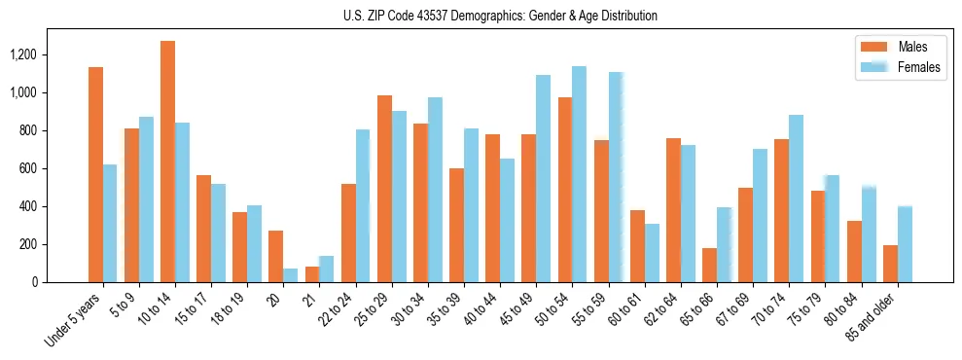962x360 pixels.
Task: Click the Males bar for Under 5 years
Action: [95, 175]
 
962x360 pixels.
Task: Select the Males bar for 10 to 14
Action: [167, 162]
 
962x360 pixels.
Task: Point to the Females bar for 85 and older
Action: [904, 244]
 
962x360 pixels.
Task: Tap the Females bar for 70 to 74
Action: [796, 198]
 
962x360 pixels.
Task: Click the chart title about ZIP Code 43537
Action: [500, 16]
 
